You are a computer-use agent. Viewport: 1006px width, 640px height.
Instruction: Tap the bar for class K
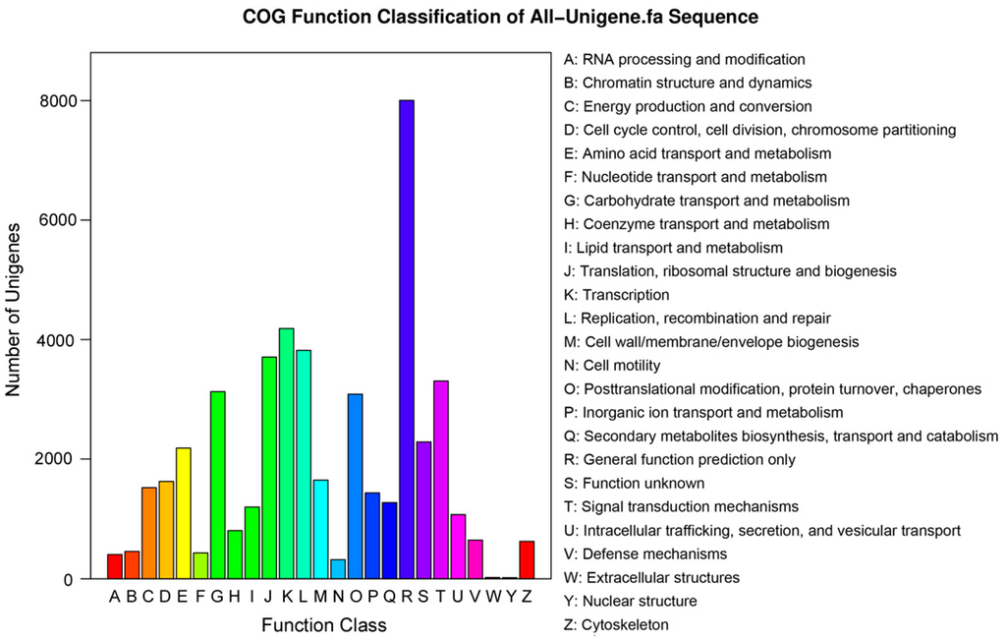[287, 453]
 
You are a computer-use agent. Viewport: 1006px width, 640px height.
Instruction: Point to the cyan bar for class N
[338, 569]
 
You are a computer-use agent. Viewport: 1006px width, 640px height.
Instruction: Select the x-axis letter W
[493, 596]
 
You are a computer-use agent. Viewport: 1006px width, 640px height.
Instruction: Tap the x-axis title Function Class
[323, 625]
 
